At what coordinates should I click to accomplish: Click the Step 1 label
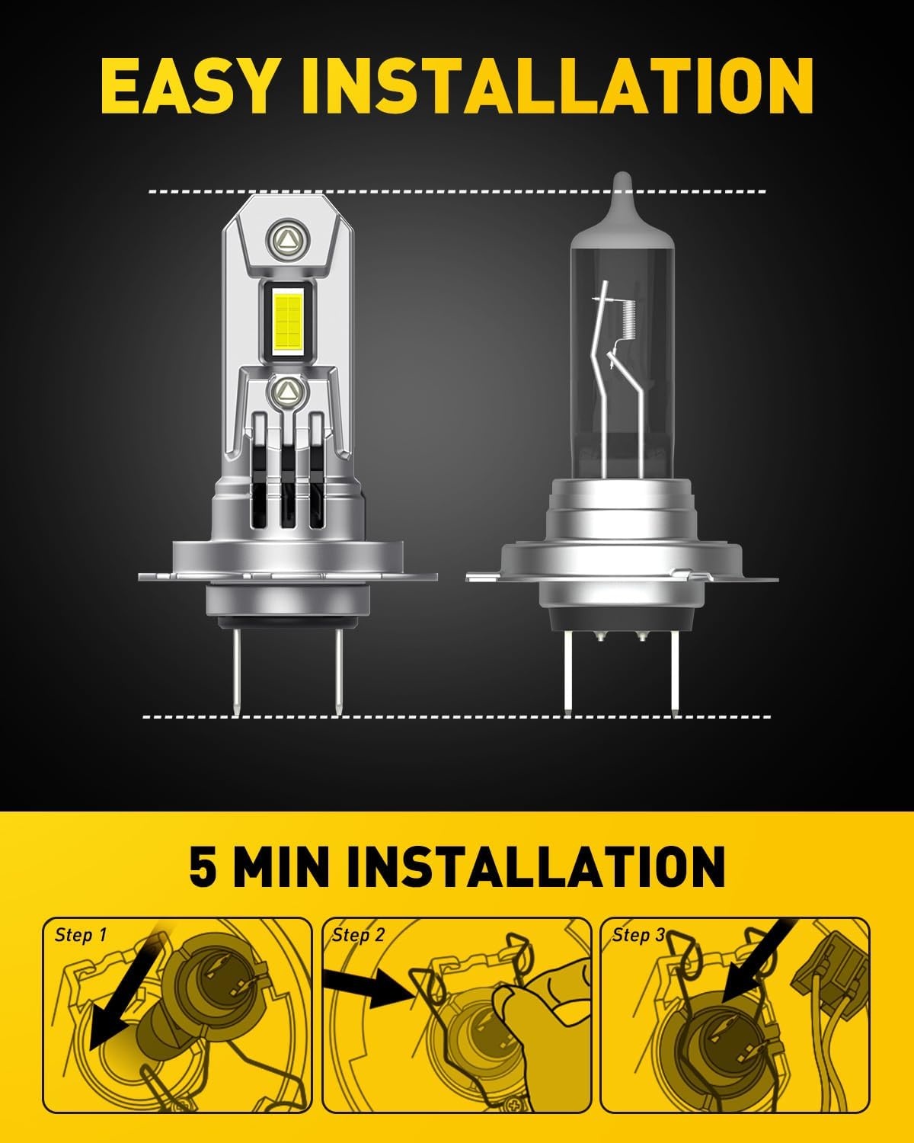point(80,949)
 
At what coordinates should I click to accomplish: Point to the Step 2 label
point(358,949)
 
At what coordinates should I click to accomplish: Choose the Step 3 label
point(638,949)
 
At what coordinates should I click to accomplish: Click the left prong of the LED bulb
point(237,673)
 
